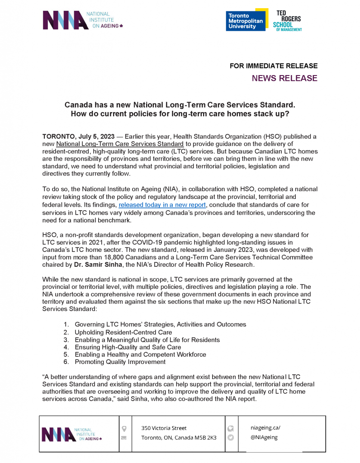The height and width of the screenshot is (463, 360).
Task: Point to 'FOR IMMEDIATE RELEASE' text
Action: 274,66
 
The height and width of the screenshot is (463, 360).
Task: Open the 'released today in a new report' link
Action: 162,205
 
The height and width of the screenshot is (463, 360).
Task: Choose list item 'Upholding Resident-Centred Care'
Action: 123,332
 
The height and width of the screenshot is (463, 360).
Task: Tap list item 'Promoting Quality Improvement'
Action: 120,362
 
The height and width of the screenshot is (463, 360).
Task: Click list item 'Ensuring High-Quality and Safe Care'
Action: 128,347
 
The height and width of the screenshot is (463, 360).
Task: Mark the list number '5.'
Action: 66,354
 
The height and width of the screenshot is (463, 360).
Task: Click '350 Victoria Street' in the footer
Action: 164,428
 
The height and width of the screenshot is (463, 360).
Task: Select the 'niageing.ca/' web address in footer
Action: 265,427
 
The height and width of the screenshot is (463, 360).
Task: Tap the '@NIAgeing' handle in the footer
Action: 264,437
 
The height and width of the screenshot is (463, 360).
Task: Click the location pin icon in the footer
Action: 124,428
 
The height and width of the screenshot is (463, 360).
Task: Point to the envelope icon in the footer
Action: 124,438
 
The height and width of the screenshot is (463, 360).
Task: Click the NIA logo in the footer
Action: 72,434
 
